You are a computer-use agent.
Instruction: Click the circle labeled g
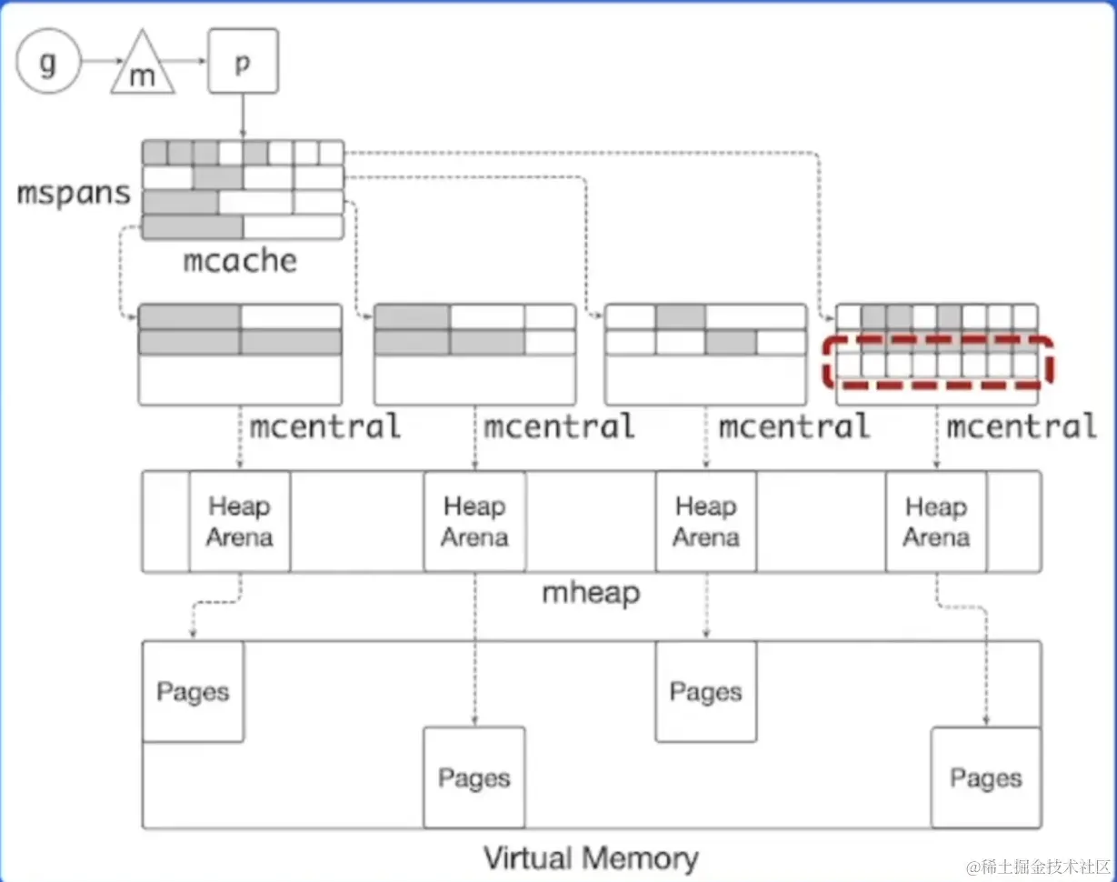coord(48,63)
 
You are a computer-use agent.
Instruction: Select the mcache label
coord(240,261)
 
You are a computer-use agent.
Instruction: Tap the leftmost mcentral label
coord(325,426)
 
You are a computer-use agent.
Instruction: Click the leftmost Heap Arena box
coord(240,521)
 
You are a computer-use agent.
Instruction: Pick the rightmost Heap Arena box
coord(936,521)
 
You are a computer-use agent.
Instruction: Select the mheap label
coord(591,593)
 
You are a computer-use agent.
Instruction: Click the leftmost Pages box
coord(193,691)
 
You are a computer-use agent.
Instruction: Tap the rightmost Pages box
coord(986,777)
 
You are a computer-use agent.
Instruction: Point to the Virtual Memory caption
coord(591,857)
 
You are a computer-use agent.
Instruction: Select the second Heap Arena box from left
coord(474,521)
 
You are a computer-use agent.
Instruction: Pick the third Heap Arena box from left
coord(706,521)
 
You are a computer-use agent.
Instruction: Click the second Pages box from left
coord(474,777)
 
